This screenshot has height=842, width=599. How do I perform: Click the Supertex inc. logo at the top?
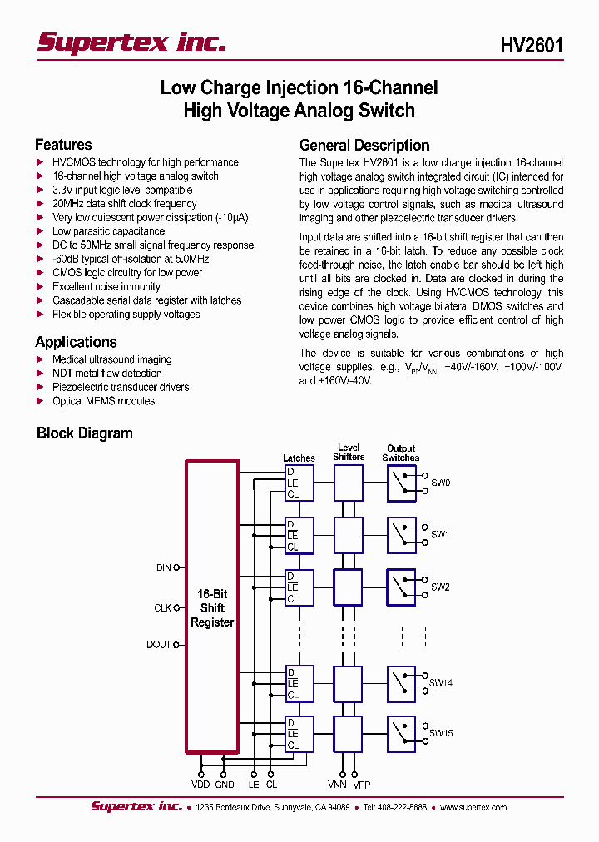(131, 42)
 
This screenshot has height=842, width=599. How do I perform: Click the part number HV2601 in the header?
(532, 45)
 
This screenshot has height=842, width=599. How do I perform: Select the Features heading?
(63, 145)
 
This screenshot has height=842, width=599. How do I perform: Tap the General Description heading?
(364, 145)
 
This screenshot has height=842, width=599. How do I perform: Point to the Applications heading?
(76, 342)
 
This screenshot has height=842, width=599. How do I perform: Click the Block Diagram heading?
(85, 433)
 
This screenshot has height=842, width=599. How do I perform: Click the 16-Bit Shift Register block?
(212, 607)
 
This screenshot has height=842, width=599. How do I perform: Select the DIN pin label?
(163, 567)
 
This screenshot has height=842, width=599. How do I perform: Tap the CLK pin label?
(162, 608)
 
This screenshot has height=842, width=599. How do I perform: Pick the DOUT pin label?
(159, 645)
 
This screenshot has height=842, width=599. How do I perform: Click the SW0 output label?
(440, 483)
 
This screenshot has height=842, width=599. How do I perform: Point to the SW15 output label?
(441, 733)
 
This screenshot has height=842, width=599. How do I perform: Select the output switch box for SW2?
(401, 587)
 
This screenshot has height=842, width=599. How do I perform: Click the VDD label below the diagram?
(200, 785)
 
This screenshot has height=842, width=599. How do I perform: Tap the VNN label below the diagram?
(337, 785)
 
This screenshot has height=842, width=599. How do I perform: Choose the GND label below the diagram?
(225, 785)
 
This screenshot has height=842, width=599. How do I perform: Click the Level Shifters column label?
(349, 453)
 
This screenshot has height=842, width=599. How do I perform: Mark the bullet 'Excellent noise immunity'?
(106, 286)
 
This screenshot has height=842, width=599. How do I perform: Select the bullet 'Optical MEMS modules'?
(103, 401)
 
